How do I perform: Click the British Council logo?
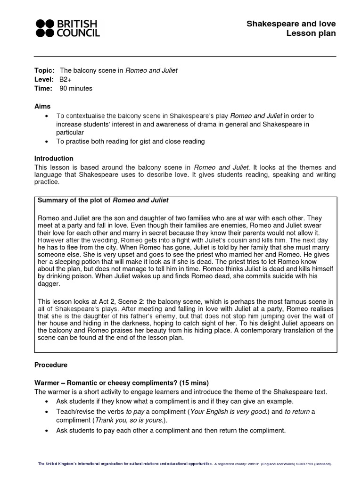tap(68, 28)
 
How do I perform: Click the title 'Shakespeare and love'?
tap(291, 24)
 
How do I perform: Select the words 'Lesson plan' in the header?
tap(313, 33)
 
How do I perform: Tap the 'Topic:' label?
tap(44, 70)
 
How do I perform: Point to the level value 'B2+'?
tap(66, 79)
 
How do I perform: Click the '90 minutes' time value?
tap(76, 88)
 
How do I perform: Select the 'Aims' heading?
tap(42, 107)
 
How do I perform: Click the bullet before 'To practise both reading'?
tap(46, 142)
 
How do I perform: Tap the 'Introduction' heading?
tap(54, 158)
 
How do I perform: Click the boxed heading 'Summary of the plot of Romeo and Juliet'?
tap(103, 200)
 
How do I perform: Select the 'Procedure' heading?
tap(51, 365)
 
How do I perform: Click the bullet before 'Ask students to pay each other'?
tap(46, 431)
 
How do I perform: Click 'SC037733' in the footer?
tap(307, 464)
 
